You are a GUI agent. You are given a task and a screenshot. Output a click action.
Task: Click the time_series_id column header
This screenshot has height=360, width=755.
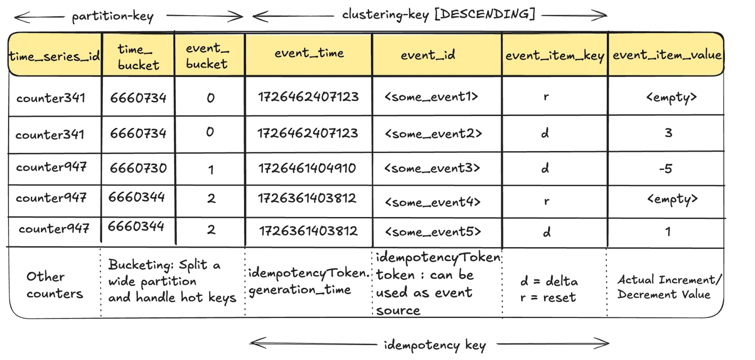55,56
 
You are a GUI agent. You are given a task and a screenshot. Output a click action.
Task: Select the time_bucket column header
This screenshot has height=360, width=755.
138,56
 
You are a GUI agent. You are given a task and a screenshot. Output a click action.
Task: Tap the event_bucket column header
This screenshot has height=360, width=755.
208,56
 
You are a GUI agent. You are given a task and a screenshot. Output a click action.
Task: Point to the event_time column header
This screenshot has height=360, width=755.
309,53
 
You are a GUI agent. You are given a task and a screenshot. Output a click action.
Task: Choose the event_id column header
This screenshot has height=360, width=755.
428,55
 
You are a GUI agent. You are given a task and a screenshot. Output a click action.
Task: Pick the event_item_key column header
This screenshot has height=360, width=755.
554,56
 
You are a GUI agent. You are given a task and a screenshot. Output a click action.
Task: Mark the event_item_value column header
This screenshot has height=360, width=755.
667,55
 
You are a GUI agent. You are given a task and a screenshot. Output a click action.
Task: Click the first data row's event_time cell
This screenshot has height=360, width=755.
309,97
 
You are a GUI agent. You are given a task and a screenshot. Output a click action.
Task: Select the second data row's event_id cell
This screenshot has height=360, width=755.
433,134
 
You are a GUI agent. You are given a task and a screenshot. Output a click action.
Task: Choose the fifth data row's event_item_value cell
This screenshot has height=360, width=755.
668,232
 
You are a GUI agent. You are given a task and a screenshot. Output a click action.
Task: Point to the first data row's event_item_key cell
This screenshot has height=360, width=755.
546,97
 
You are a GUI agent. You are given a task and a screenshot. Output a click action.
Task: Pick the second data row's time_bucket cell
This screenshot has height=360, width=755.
138,134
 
